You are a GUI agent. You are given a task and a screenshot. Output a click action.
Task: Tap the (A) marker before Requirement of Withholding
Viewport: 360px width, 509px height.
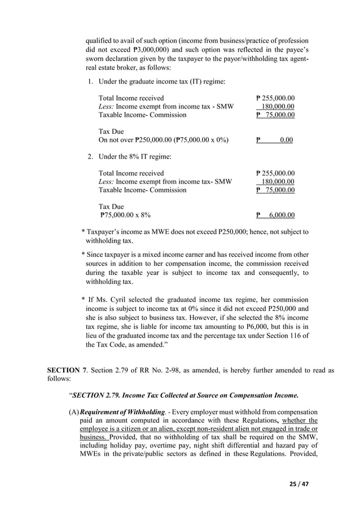point(73,420)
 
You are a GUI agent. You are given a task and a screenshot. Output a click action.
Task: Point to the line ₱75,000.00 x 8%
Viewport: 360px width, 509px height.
point(125,215)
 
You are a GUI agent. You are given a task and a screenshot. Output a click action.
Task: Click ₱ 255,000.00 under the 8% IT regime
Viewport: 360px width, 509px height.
point(275,173)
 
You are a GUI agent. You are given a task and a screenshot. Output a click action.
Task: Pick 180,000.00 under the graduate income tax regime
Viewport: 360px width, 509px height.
point(277,107)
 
